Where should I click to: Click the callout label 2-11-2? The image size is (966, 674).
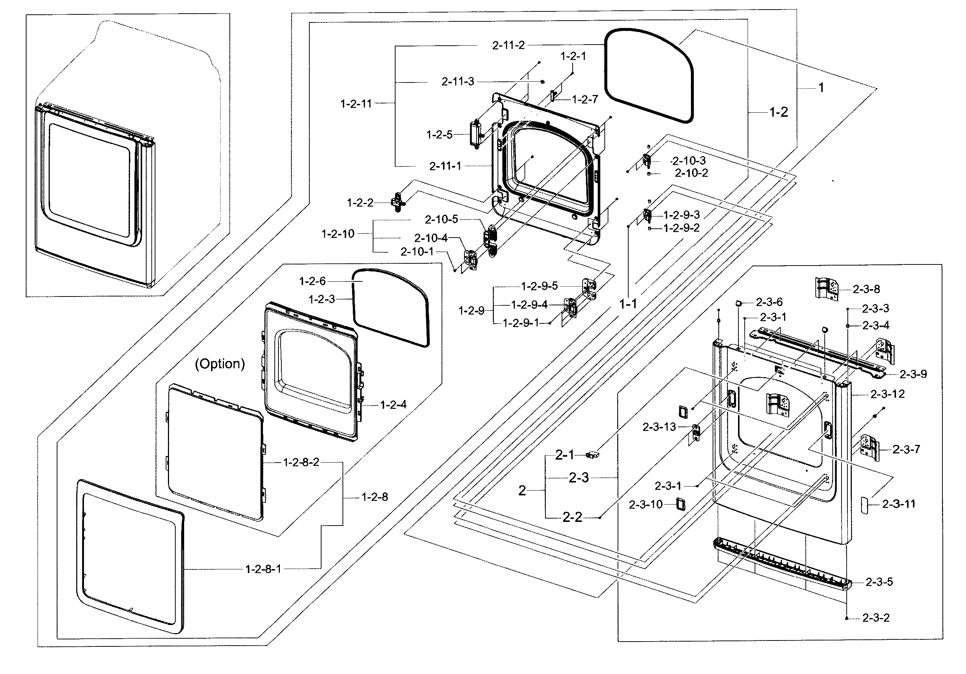tap(508, 45)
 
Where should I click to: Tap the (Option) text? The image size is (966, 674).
tap(219, 364)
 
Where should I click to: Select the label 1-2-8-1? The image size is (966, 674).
tap(263, 569)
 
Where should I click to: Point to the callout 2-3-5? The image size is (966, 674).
tap(879, 582)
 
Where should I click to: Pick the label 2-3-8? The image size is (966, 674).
tap(866, 289)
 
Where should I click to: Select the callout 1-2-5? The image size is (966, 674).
tap(439, 135)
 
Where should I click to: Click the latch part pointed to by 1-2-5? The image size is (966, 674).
tap(475, 133)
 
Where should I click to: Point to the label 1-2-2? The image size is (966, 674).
tap(360, 203)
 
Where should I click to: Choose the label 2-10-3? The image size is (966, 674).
tap(689, 161)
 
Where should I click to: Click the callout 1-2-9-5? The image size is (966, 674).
tap(540, 286)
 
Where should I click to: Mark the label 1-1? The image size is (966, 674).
tap(628, 303)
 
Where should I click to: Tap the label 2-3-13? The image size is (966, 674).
tap(659, 427)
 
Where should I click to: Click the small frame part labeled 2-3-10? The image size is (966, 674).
tap(680, 504)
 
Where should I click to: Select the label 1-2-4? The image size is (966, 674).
tap(393, 405)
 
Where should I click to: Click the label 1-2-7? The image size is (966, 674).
tap(585, 99)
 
